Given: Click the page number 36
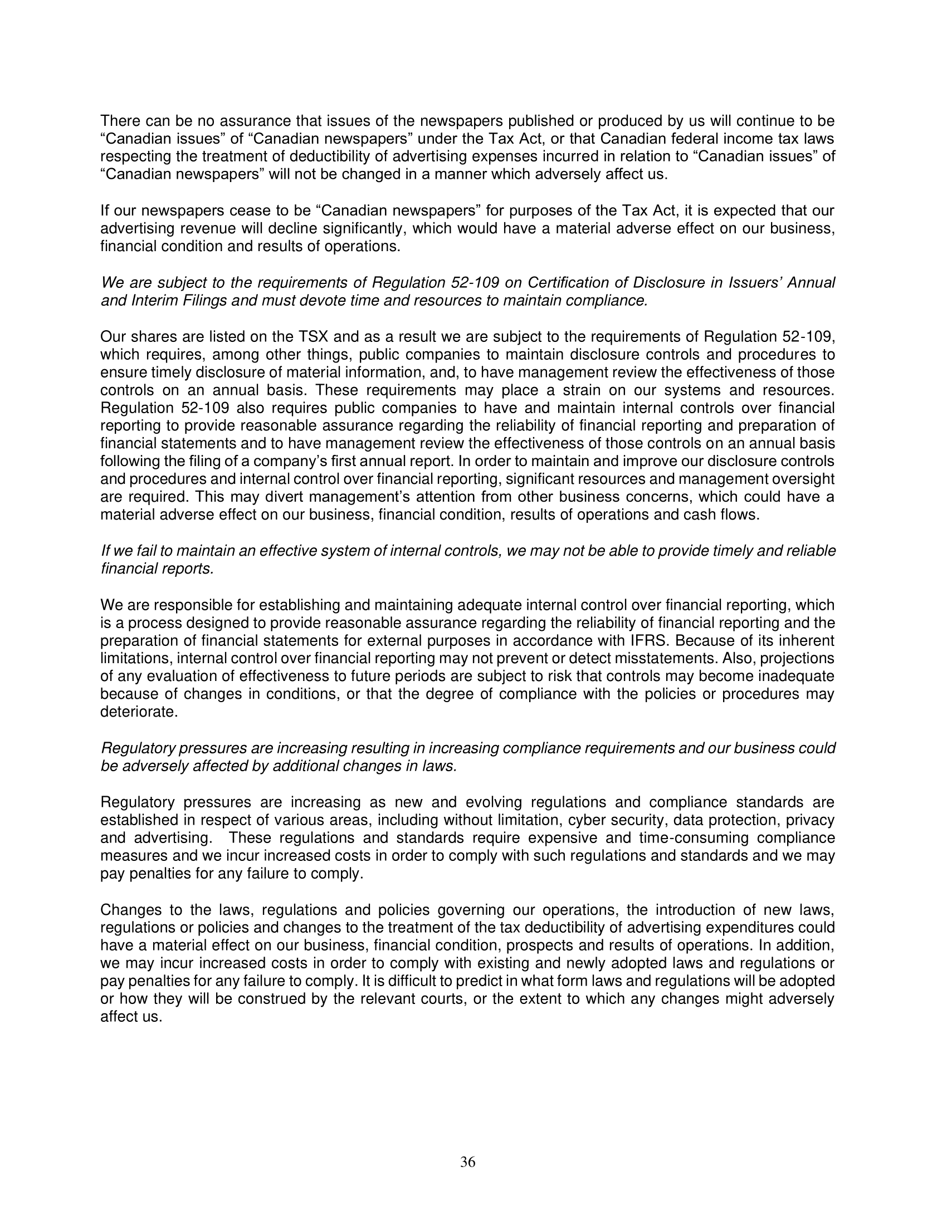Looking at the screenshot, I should click(x=467, y=1163).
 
